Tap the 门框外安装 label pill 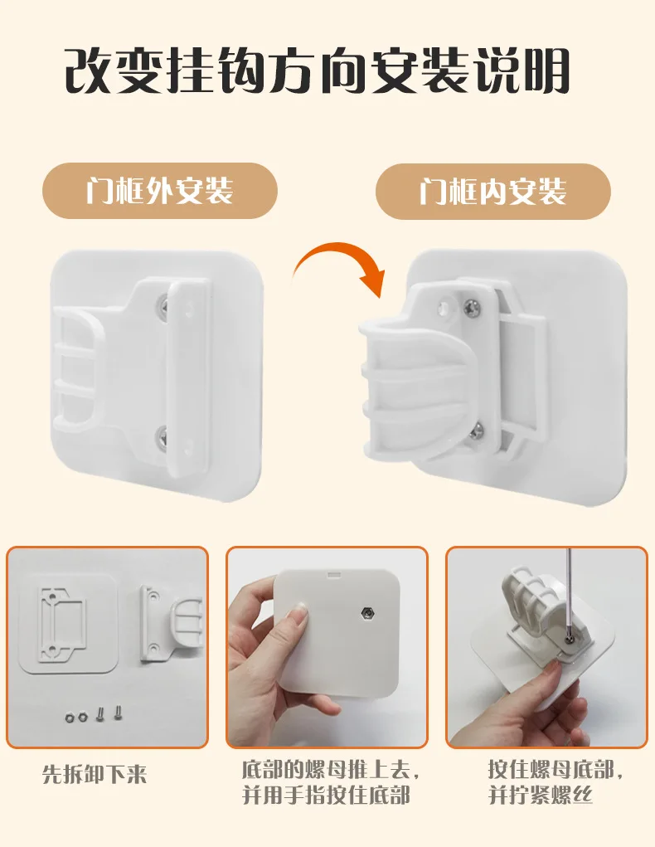(x=160, y=191)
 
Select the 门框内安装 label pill (x=493, y=192)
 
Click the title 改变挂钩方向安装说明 (x=318, y=71)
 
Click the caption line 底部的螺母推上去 (x=331, y=770)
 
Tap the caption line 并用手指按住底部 (x=326, y=795)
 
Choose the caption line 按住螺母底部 (x=556, y=770)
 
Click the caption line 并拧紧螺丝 (x=541, y=795)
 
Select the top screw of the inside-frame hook (x=473, y=308)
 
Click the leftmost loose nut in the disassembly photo (x=70, y=718)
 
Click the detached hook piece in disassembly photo (x=169, y=622)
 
